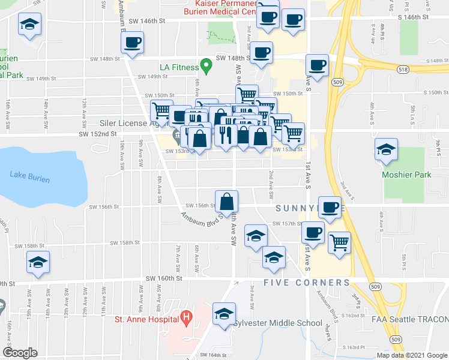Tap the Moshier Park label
[406, 175]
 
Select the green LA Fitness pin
[206, 64]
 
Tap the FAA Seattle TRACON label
[411, 319]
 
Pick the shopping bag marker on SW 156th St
[227, 200]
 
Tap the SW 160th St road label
[163, 278]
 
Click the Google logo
[20, 353]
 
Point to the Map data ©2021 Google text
[411, 355]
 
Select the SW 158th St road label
[124, 243]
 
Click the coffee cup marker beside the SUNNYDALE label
[329, 207]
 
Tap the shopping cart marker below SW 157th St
[339, 242]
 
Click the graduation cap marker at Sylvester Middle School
[224, 313]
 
